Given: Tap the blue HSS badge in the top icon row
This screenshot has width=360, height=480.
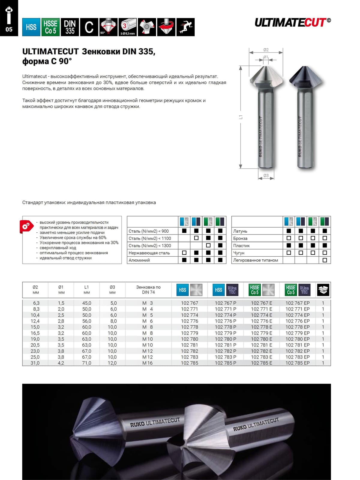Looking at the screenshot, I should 31,27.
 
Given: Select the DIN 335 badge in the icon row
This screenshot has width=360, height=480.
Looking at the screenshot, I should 70,27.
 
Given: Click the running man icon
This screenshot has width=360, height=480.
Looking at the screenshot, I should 185,27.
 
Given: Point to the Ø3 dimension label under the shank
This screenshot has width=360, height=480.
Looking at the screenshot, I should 266,176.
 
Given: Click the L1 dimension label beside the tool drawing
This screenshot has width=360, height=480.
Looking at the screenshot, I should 241,117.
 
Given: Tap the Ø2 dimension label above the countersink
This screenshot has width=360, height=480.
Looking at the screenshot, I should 266,50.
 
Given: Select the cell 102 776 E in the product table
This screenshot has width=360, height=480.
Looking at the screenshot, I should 261,321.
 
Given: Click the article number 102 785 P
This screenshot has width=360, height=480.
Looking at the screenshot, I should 225,363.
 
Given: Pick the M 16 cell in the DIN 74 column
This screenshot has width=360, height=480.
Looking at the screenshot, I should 148,363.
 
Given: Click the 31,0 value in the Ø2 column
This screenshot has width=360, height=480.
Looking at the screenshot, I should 35,363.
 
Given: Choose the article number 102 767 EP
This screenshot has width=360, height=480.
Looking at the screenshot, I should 297,303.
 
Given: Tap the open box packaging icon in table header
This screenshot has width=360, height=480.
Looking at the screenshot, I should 323,290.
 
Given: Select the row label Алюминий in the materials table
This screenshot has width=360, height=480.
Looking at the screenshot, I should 139,260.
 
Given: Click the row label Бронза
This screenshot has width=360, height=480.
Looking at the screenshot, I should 240,238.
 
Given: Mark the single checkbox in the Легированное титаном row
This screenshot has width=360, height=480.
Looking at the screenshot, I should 325,260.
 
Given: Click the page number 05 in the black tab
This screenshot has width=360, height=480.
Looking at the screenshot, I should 9,29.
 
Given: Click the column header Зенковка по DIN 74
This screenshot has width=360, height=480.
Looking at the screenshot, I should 148,290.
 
